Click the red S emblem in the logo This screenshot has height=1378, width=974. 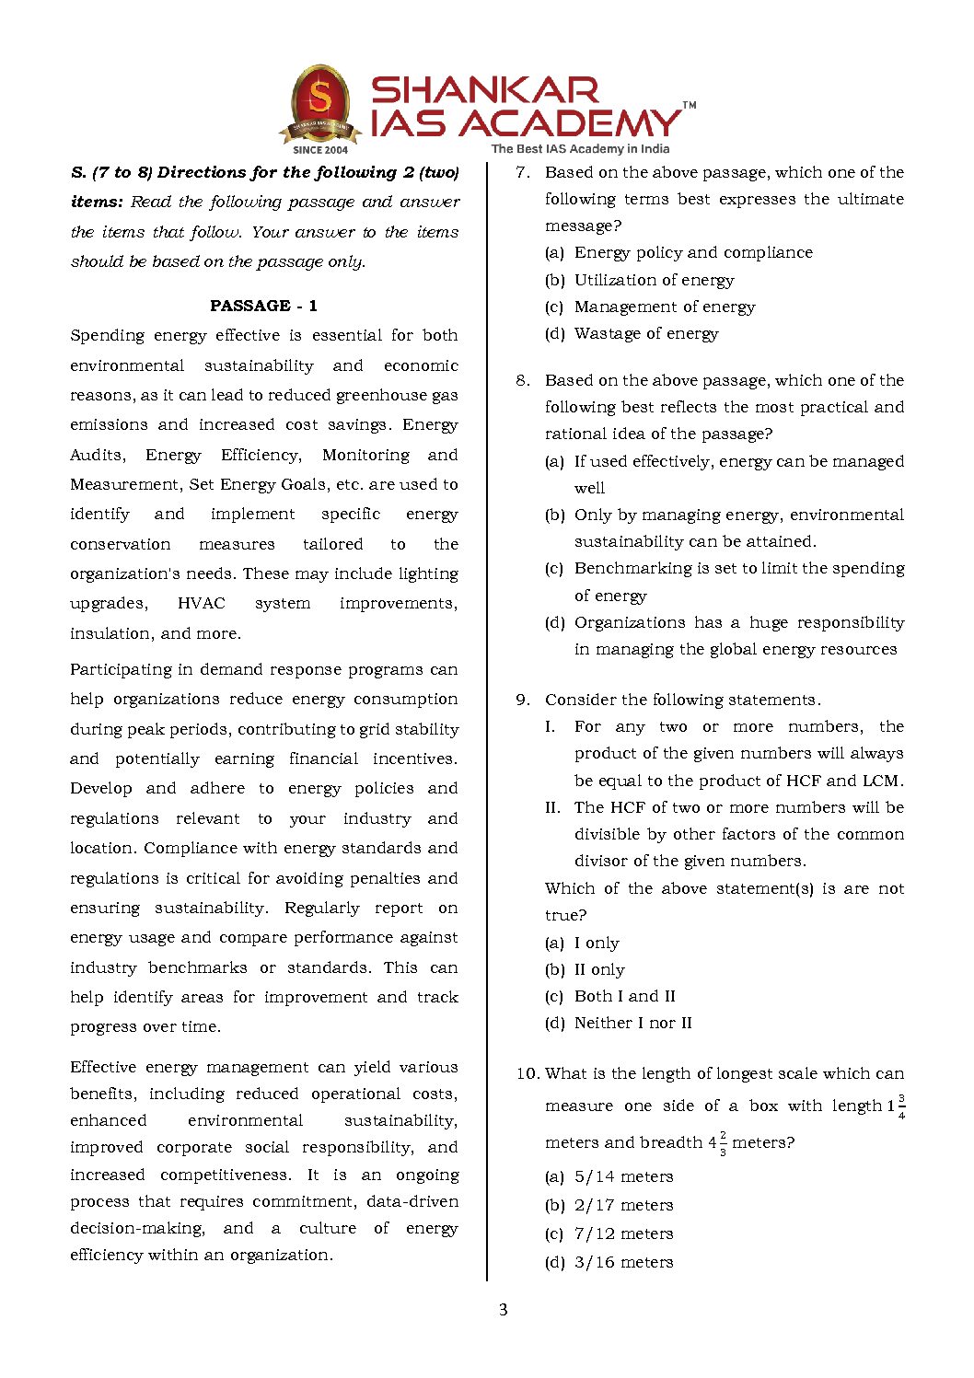[319, 99]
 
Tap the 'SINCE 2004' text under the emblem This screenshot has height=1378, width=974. [320, 149]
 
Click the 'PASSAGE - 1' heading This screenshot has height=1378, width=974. [263, 306]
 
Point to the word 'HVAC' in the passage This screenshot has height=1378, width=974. [201, 603]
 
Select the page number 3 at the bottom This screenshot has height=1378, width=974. [503, 1309]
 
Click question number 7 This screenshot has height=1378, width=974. [522, 172]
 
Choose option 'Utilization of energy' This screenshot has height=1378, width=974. [654, 280]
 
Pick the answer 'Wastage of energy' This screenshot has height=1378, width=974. [645, 333]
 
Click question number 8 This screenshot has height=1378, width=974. [522, 380]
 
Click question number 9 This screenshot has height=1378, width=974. [522, 700]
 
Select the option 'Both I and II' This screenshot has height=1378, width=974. [624, 996]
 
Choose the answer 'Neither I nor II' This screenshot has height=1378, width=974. [632, 1023]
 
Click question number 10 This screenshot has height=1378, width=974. [527, 1073]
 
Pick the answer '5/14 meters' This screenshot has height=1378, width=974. [623, 1176]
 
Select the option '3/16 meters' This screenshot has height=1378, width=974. [623, 1262]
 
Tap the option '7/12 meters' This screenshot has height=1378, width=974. [623, 1233]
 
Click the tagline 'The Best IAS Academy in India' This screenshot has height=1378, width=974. [580, 148]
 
